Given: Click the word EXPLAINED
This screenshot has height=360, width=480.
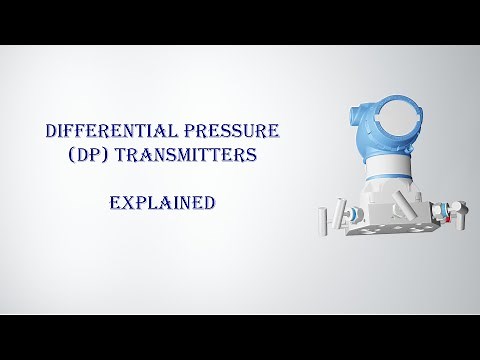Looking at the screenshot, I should click(x=162, y=201).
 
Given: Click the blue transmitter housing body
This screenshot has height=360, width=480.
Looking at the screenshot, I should click(x=385, y=135).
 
